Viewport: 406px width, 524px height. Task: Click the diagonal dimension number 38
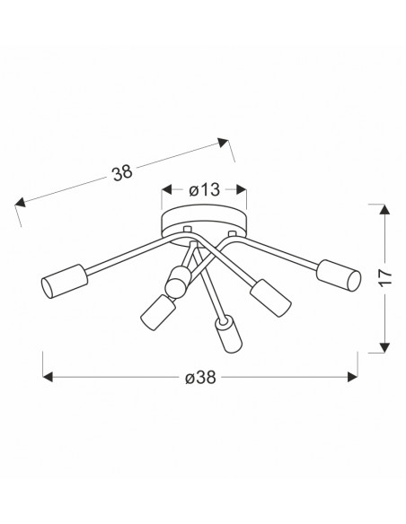tap(122, 173)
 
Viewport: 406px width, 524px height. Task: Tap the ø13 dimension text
tap(204, 190)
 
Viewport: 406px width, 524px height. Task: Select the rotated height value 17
tap(385, 277)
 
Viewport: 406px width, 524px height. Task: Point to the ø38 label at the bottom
tap(200, 378)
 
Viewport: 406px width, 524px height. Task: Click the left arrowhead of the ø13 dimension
tap(166, 189)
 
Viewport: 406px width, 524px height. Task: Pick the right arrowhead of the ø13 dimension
tap(242, 189)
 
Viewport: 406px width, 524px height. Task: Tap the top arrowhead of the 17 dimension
tap(385, 209)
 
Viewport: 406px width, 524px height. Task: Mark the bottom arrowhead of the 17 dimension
tap(385, 347)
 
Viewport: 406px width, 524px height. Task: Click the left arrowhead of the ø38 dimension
tap(48, 377)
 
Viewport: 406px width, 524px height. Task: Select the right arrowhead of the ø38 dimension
tap(353, 377)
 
